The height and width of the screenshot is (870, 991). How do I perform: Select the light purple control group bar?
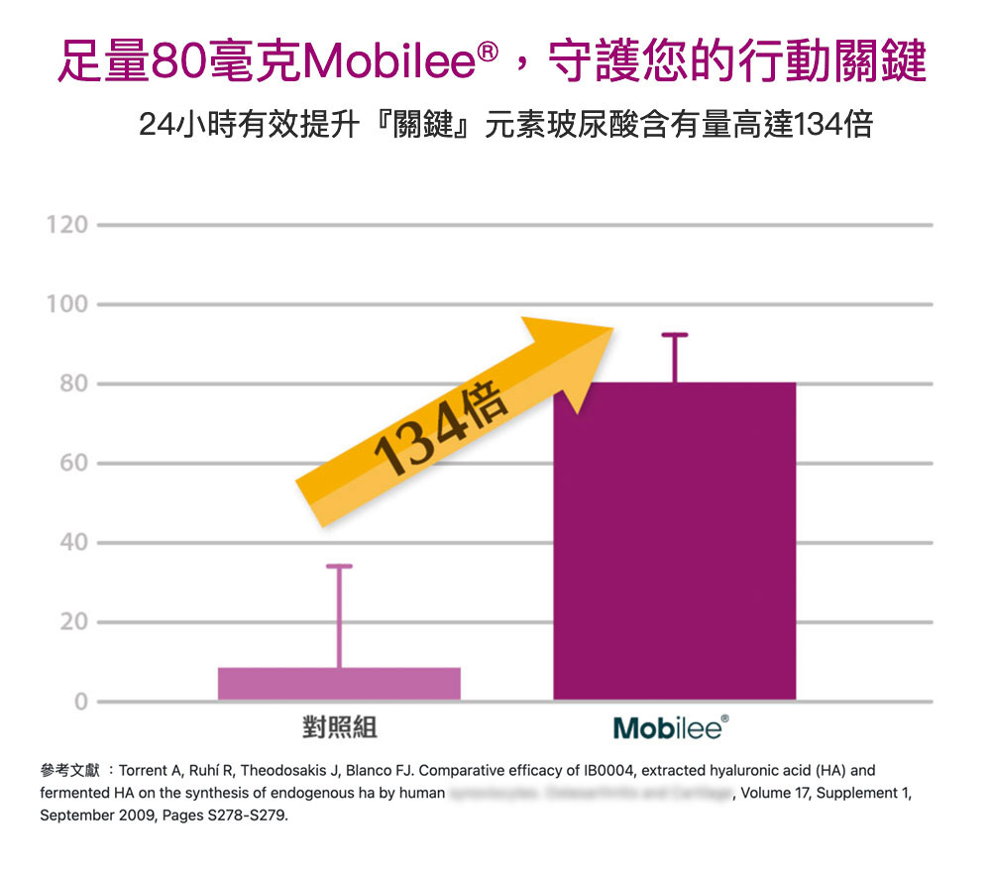pos(339,684)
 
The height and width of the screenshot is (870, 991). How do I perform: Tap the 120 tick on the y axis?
pos(66,225)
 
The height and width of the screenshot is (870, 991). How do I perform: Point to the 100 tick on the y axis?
pos(66,304)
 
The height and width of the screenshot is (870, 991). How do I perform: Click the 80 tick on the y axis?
pos(72,383)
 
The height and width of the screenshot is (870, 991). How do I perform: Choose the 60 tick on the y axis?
pos(72,463)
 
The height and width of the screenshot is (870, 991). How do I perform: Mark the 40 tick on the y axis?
pos(72,543)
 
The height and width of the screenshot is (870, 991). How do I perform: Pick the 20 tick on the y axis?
pos(72,622)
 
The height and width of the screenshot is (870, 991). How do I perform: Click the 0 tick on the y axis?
pos(80,702)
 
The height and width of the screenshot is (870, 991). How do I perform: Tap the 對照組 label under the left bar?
pos(339,728)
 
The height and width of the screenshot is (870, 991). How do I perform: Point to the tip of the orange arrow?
pos(611,330)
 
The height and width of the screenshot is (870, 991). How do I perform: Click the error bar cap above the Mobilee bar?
pos(674,336)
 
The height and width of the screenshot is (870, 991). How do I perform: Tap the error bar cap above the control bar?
pos(339,566)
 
